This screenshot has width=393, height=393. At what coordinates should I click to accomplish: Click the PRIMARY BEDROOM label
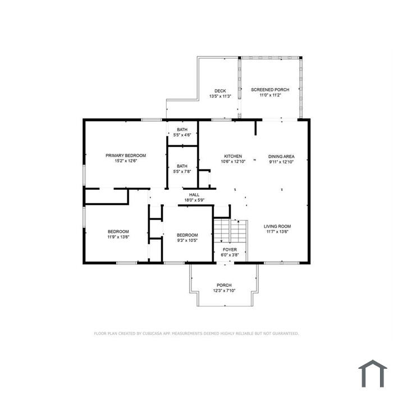(126, 156)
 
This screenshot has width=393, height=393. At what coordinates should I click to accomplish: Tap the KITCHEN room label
(233, 156)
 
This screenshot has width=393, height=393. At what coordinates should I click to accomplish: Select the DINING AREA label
(281, 157)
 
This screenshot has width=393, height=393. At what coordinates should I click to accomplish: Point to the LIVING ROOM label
(277, 226)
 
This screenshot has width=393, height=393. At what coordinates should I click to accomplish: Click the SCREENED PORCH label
(270, 89)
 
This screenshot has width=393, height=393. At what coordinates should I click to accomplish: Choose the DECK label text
(220, 91)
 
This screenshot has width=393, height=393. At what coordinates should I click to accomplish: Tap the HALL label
(194, 195)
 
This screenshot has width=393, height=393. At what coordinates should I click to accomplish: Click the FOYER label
(230, 250)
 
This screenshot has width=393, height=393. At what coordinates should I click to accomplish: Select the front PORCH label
(224, 285)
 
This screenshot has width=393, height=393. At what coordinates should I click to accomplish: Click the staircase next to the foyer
(230, 231)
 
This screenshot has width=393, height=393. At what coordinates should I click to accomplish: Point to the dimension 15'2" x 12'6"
(126, 161)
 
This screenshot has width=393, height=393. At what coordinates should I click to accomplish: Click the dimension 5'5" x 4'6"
(182, 135)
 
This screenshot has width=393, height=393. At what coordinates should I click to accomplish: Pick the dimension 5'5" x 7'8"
(182, 171)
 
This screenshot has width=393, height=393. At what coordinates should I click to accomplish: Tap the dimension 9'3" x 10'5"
(187, 240)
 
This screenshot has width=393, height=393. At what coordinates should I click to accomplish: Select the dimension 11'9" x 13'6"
(118, 237)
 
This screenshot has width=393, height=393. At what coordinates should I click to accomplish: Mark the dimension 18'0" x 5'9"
(194, 200)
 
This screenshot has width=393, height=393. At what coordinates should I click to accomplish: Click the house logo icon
(373, 373)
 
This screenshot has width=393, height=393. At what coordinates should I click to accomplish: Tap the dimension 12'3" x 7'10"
(225, 291)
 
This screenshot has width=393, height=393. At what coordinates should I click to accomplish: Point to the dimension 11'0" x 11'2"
(270, 95)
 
